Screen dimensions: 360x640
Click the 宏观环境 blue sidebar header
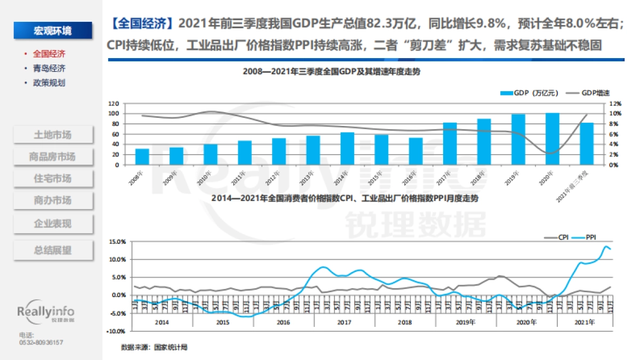coord(52,30)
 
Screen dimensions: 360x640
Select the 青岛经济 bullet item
coord(49,68)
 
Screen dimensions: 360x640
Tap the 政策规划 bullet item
coord(49,83)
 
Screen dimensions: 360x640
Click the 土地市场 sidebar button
coord(52,134)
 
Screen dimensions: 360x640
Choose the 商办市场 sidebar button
coord(52,201)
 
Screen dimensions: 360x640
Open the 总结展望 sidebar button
coord(52,250)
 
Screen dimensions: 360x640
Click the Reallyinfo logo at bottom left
coord(46,313)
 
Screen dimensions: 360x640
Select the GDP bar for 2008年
coord(142,156)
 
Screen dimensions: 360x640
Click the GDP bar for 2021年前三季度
coord(586,143)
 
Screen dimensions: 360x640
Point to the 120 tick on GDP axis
coord(114,103)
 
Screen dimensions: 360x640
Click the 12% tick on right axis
coord(615,103)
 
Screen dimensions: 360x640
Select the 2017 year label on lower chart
coord(345,322)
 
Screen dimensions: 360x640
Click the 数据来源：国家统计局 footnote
coord(154,347)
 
